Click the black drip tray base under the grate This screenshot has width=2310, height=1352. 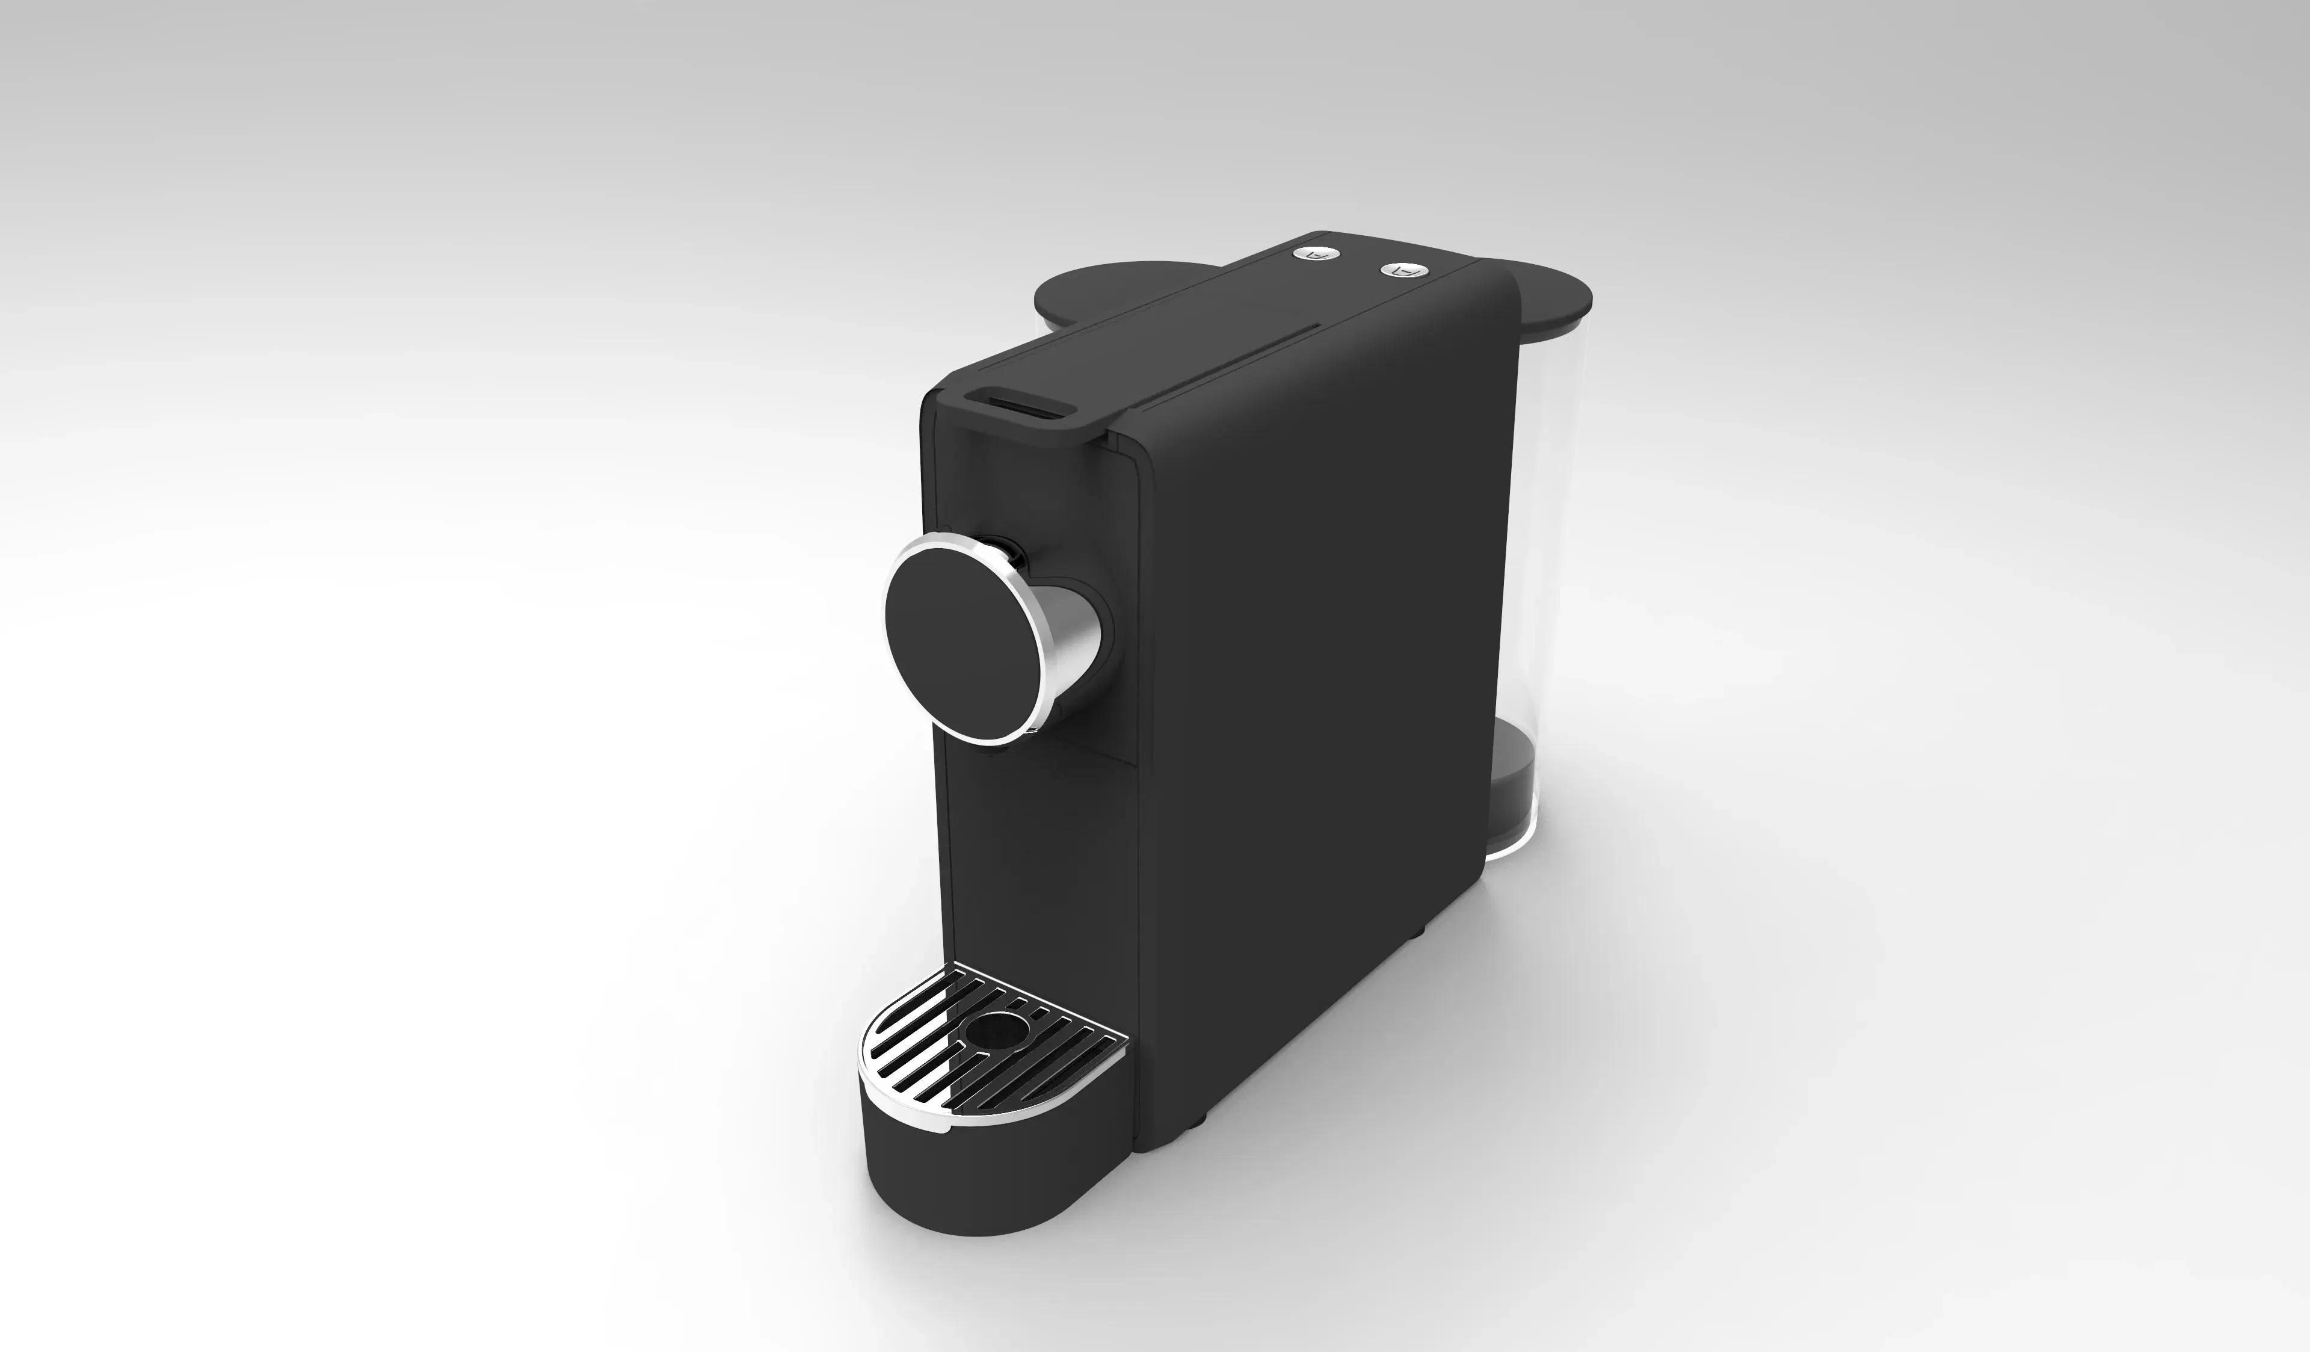pyautogui.click(x=990, y=1191)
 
